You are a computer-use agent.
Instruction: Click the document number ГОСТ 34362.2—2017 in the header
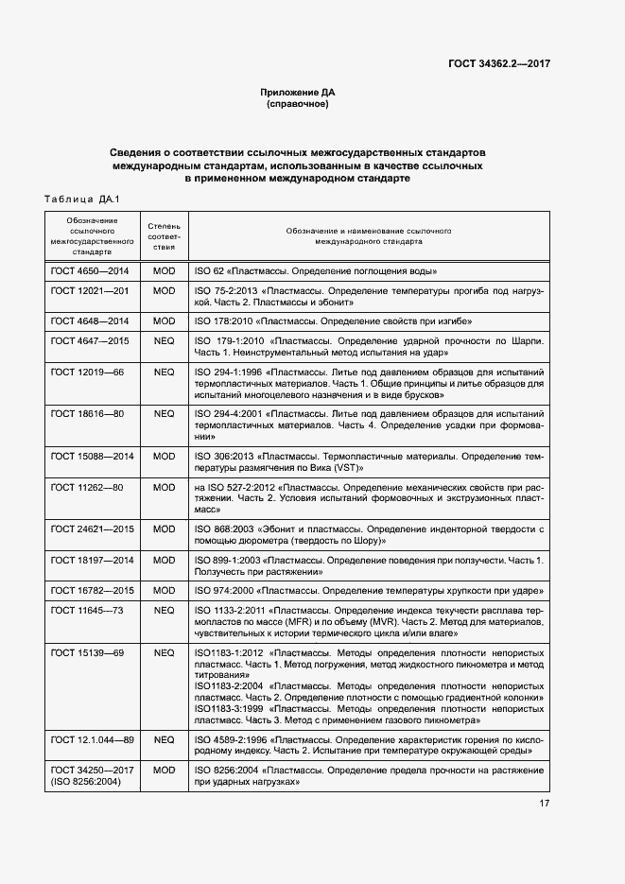tap(498, 63)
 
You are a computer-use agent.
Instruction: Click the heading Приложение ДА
tap(298, 93)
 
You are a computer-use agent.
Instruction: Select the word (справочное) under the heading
tap(298, 104)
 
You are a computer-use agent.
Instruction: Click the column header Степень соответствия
tap(165, 236)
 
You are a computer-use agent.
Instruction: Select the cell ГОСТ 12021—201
tap(90, 290)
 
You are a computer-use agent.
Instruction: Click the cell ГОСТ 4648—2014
tap(90, 321)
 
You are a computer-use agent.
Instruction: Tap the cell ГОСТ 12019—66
tap(87, 372)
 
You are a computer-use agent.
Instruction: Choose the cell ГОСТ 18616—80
tap(87, 413)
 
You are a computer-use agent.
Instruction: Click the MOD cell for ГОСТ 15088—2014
tap(165, 456)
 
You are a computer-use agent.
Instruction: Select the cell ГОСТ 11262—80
tap(87, 487)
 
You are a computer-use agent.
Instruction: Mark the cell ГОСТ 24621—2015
tap(92, 529)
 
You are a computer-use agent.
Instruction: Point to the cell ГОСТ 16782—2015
tap(92, 591)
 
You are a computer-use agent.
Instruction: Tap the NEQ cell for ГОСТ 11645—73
tap(165, 610)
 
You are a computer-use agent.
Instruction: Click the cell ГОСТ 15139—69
tap(87, 652)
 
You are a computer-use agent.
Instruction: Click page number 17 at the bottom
tap(545, 805)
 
